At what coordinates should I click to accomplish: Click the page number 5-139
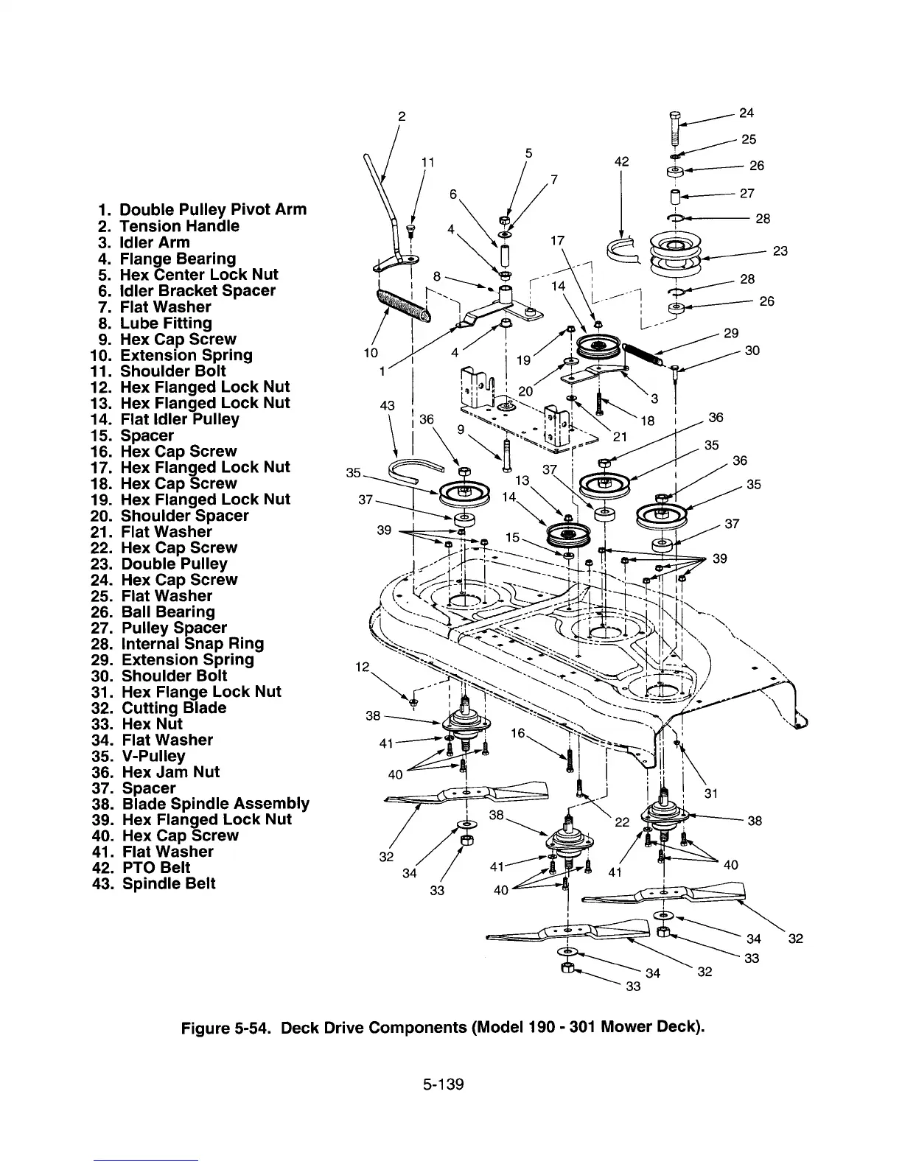[443, 1084]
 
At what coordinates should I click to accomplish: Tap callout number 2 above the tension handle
[402, 116]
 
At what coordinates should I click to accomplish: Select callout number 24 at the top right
[747, 113]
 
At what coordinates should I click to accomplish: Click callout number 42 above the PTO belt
[621, 162]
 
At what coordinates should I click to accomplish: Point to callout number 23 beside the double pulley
[780, 251]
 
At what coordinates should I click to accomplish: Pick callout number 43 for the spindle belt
[387, 406]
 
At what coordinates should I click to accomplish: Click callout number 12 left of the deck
[362, 667]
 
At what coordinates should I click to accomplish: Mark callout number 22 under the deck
[621, 822]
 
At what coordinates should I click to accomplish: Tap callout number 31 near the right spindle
[710, 793]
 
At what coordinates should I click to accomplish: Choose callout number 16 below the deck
[518, 733]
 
